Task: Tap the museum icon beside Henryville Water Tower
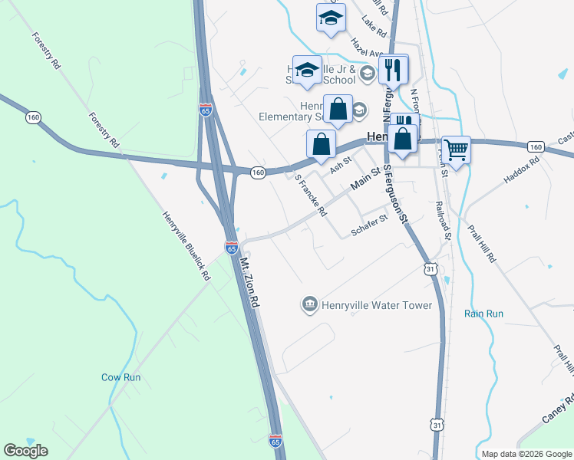click(x=310, y=305)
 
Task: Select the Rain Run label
click(x=483, y=314)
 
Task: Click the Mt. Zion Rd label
click(x=250, y=283)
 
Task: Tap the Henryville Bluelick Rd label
click(x=186, y=245)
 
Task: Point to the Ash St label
click(x=340, y=164)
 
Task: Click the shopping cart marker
click(x=456, y=149)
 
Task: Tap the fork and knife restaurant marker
click(x=394, y=69)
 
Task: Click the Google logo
click(x=25, y=451)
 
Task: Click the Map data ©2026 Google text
click(x=526, y=454)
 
